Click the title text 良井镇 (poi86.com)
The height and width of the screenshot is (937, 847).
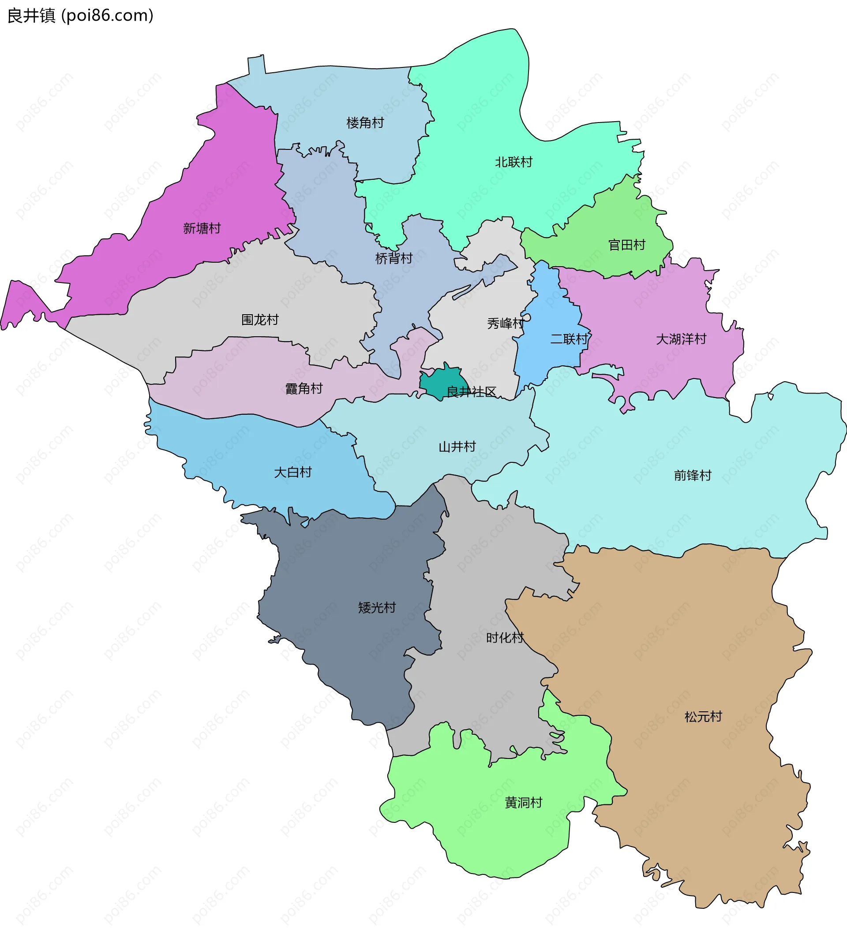pyautogui.click(x=80, y=15)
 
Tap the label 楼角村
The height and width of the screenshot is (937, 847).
pyautogui.click(x=365, y=123)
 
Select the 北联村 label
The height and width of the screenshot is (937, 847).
pyautogui.click(x=513, y=162)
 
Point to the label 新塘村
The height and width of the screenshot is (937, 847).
pyautogui.click(x=202, y=228)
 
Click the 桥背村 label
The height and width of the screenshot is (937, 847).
pyautogui.click(x=394, y=258)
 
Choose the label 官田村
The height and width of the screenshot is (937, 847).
pyautogui.click(x=626, y=245)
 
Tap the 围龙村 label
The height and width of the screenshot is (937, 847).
pyautogui.click(x=260, y=320)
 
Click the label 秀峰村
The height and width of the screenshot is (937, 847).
pyautogui.click(x=506, y=323)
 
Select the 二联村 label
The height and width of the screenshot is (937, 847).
pyautogui.click(x=569, y=339)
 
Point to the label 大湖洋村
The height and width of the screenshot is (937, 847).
pyautogui.click(x=681, y=339)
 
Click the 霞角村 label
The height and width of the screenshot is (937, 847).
pyautogui.click(x=304, y=389)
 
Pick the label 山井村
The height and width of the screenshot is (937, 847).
pyautogui.click(x=457, y=447)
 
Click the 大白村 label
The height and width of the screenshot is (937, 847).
pyautogui.click(x=292, y=472)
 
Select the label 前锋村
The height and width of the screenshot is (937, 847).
pyautogui.click(x=693, y=476)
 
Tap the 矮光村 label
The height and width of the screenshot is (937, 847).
pyautogui.click(x=377, y=608)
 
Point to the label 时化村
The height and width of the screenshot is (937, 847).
pyautogui.click(x=505, y=638)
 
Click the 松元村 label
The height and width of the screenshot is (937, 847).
pyautogui.click(x=703, y=717)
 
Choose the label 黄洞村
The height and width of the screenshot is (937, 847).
pyautogui.click(x=523, y=803)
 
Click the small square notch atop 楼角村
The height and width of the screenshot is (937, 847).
pyautogui.click(x=257, y=65)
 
